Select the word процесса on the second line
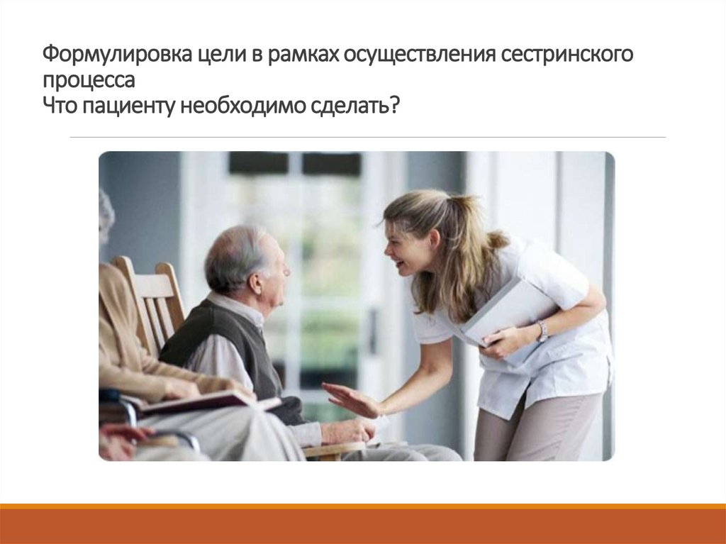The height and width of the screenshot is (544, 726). (x=88, y=82)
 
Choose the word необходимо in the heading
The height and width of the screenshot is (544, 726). (x=241, y=108)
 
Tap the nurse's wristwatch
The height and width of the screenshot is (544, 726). (x=542, y=331)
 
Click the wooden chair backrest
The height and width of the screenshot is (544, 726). (x=152, y=298)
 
